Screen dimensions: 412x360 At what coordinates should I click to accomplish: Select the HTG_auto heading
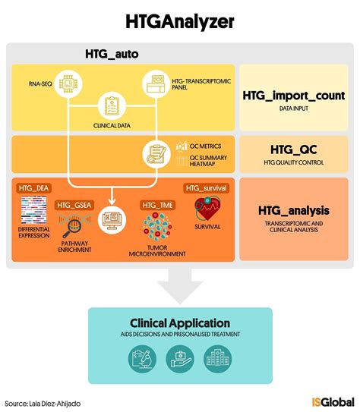click(112, 55)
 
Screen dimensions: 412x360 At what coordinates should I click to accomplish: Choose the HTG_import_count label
click(294, 96)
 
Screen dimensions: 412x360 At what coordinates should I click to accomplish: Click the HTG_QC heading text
click(294, 149)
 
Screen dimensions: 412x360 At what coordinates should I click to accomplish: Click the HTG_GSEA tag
click(74, 205)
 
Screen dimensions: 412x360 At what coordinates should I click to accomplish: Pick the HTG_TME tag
click(156, 205)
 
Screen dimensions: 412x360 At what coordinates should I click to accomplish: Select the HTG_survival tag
click(207, 187)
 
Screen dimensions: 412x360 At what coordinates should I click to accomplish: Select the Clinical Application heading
click(180, 322)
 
